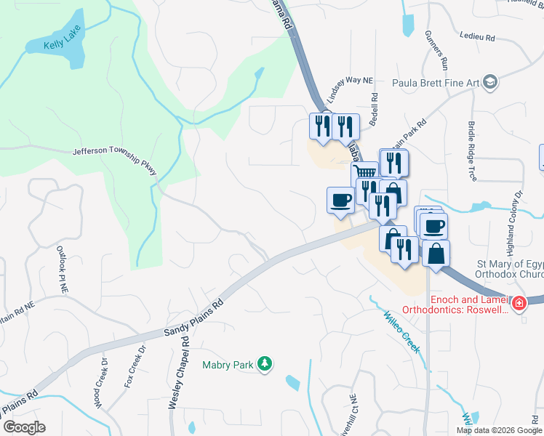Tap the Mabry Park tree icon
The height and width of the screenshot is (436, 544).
coord(265,363)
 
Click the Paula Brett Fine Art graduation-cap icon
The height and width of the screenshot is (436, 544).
coord(490,82)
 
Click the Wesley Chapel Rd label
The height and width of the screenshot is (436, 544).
coord(178,371)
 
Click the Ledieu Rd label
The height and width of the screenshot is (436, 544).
coord(477,36)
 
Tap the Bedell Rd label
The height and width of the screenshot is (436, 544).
coord(373,109)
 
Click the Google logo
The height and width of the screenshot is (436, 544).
coord(24,427)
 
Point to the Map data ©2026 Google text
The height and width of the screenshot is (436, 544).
coord(498,430)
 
